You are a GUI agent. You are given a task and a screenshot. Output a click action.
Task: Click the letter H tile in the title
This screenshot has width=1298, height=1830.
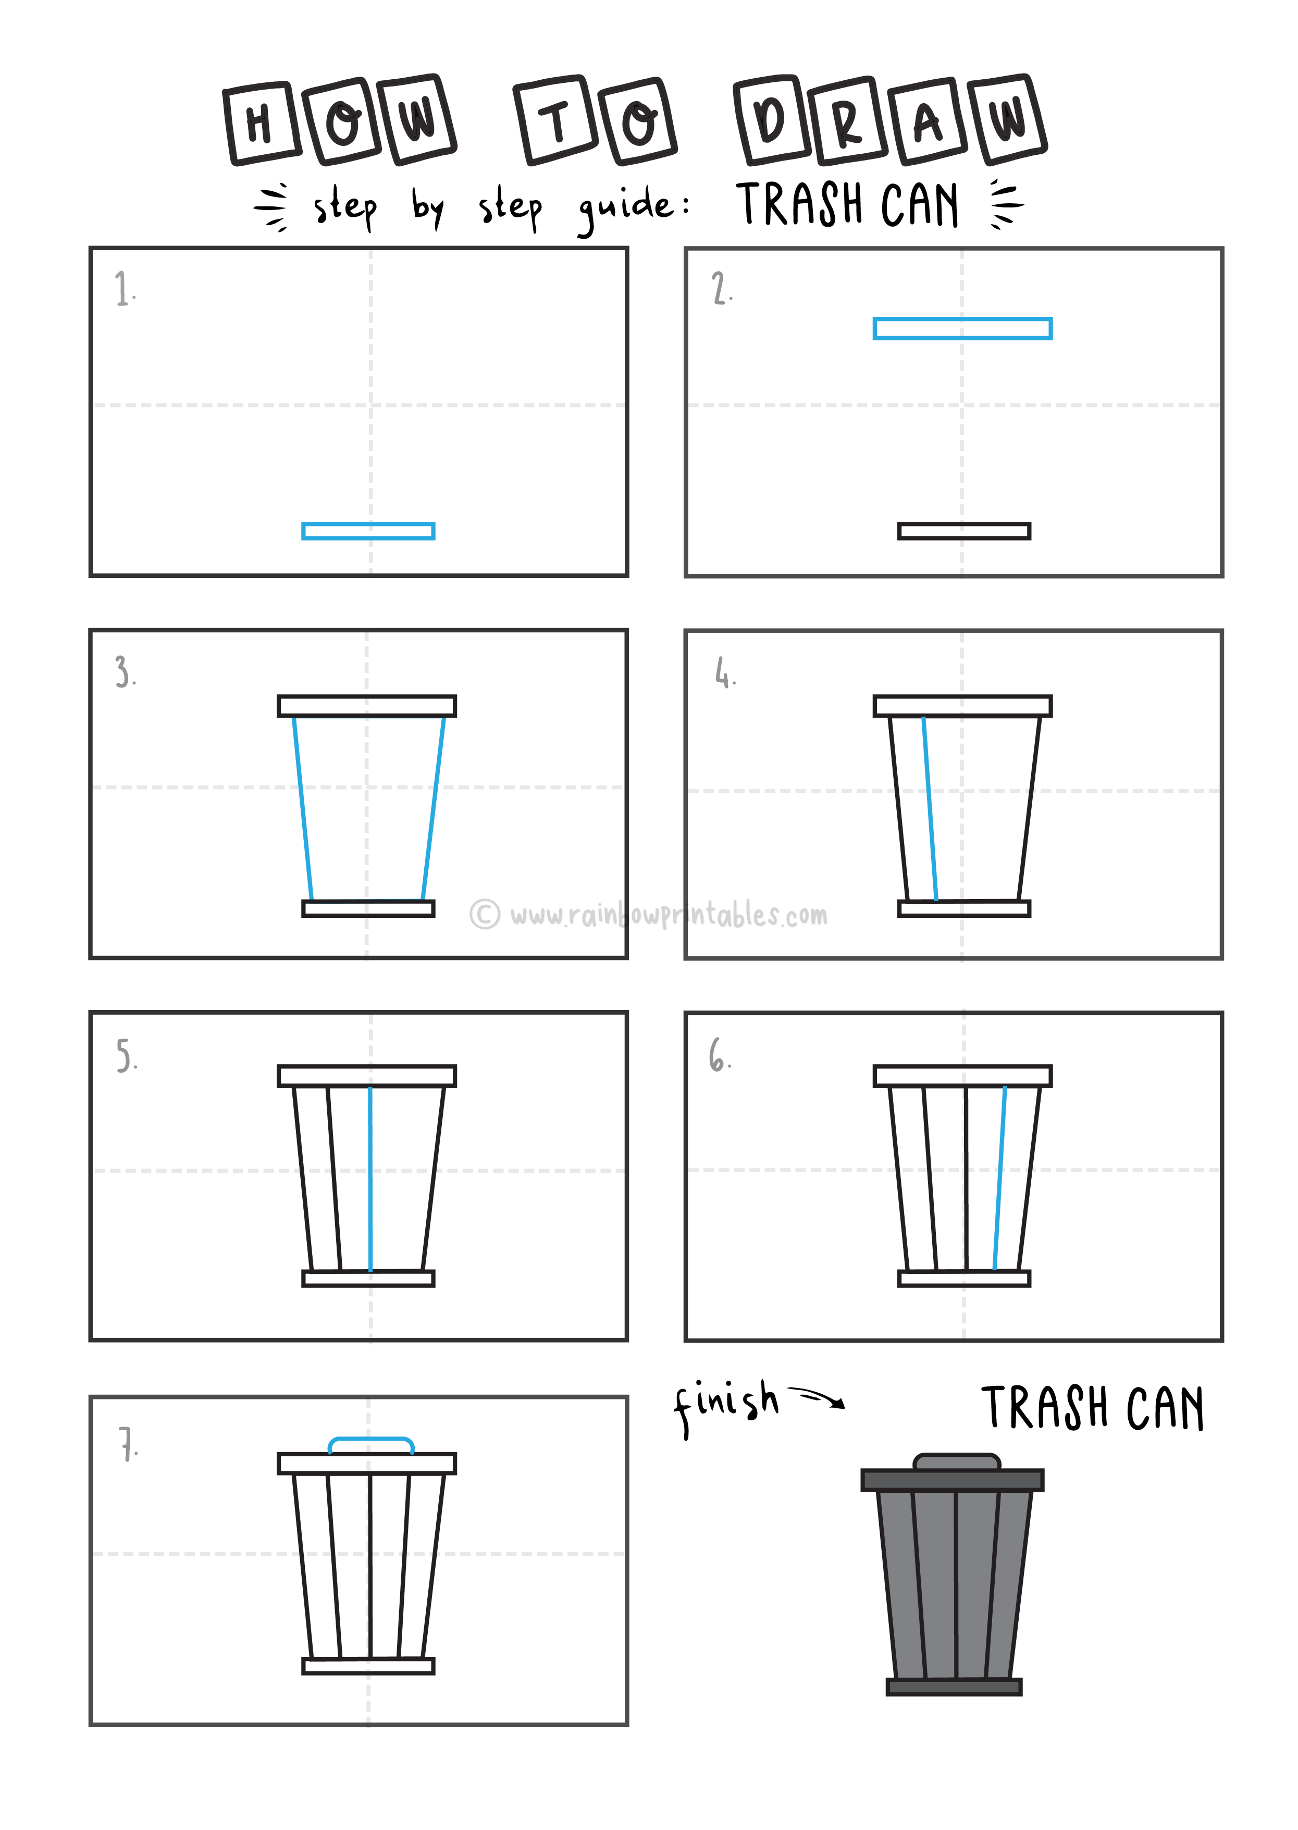click(261, 124)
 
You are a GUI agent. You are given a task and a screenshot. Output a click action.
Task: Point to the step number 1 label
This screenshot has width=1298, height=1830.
click(123, 289)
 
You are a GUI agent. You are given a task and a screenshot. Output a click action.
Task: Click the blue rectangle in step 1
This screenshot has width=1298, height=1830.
click(368, 531)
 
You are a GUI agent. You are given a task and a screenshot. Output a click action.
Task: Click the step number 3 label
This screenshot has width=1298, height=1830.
click(124, 671)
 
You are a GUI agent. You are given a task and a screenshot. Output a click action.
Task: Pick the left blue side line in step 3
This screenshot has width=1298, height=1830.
click(302, 807)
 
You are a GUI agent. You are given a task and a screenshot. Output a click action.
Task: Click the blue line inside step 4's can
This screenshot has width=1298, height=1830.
click(930, 807)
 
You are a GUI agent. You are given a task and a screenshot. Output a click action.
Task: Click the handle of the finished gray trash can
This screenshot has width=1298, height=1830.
click(956, 1461)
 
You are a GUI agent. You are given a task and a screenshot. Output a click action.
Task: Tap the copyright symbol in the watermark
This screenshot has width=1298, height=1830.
click(485, 914)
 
